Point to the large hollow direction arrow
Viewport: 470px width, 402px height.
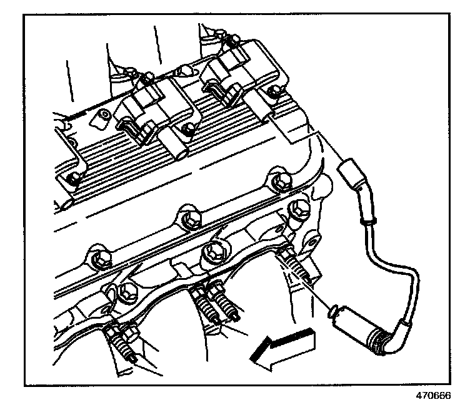284,347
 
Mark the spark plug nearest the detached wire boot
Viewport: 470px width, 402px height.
297,269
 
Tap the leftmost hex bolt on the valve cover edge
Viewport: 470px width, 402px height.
96,257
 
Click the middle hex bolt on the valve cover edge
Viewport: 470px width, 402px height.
186,219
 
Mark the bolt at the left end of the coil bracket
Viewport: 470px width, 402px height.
74,178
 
